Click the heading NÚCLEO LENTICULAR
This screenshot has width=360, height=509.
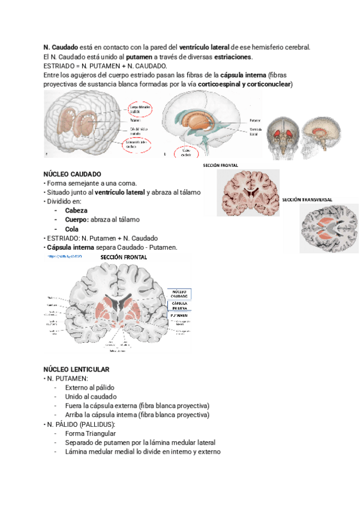point(76,369)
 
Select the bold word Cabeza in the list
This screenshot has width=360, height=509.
point(76,211)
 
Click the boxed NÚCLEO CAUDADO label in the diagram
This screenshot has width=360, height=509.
point(179,294)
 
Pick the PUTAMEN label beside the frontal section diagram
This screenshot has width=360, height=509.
point(178,315)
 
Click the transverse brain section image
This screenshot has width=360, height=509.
point(328,228)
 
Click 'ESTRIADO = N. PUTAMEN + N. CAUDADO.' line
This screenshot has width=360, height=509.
point(106,65)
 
